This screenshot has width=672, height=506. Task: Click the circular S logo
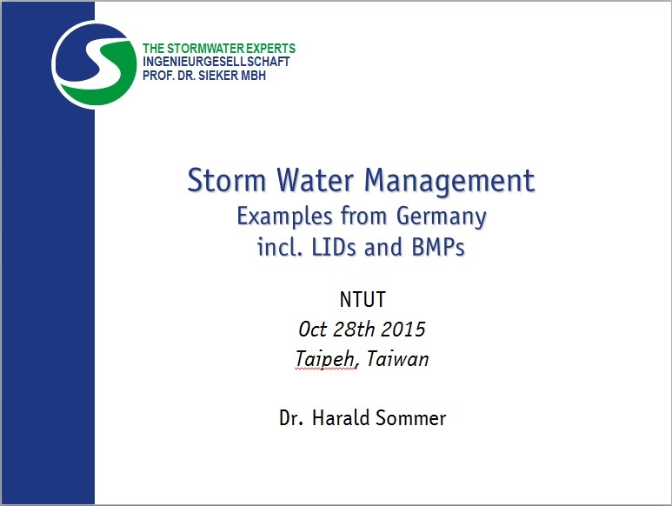94,64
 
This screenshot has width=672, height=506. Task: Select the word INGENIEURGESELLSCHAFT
216,62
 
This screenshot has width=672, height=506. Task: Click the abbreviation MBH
253,76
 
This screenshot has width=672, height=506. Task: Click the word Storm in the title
227,180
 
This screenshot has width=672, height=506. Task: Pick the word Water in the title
315,180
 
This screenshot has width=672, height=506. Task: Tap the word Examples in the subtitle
284,216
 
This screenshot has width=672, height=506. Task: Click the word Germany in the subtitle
442,216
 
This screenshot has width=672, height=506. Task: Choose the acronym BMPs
438,247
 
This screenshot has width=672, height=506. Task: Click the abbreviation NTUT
363,299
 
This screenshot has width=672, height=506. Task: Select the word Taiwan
397,358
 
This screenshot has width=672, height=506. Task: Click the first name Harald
340,417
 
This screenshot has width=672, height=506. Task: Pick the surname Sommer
410,417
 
